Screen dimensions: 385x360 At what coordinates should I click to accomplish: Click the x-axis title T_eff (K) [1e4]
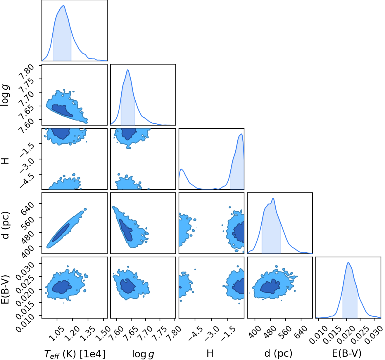[x=75, y=354]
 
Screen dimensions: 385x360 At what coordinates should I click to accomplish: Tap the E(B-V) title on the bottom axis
[x=347, y=353]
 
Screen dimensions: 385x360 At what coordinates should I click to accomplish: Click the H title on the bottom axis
[x=210, y=353]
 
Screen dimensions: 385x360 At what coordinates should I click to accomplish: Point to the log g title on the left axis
[x=6, y=95]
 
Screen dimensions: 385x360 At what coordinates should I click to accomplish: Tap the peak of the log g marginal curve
[x=128, y=70]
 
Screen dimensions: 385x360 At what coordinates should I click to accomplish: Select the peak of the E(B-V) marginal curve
[x=348, y=262]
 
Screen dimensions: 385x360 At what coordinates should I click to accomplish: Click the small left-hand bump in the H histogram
[x=182, y=169]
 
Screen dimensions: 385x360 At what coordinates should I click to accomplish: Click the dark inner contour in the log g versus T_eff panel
[x=62, y=111]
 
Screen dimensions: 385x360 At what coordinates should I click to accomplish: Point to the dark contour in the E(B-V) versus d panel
[x=270, y=286]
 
